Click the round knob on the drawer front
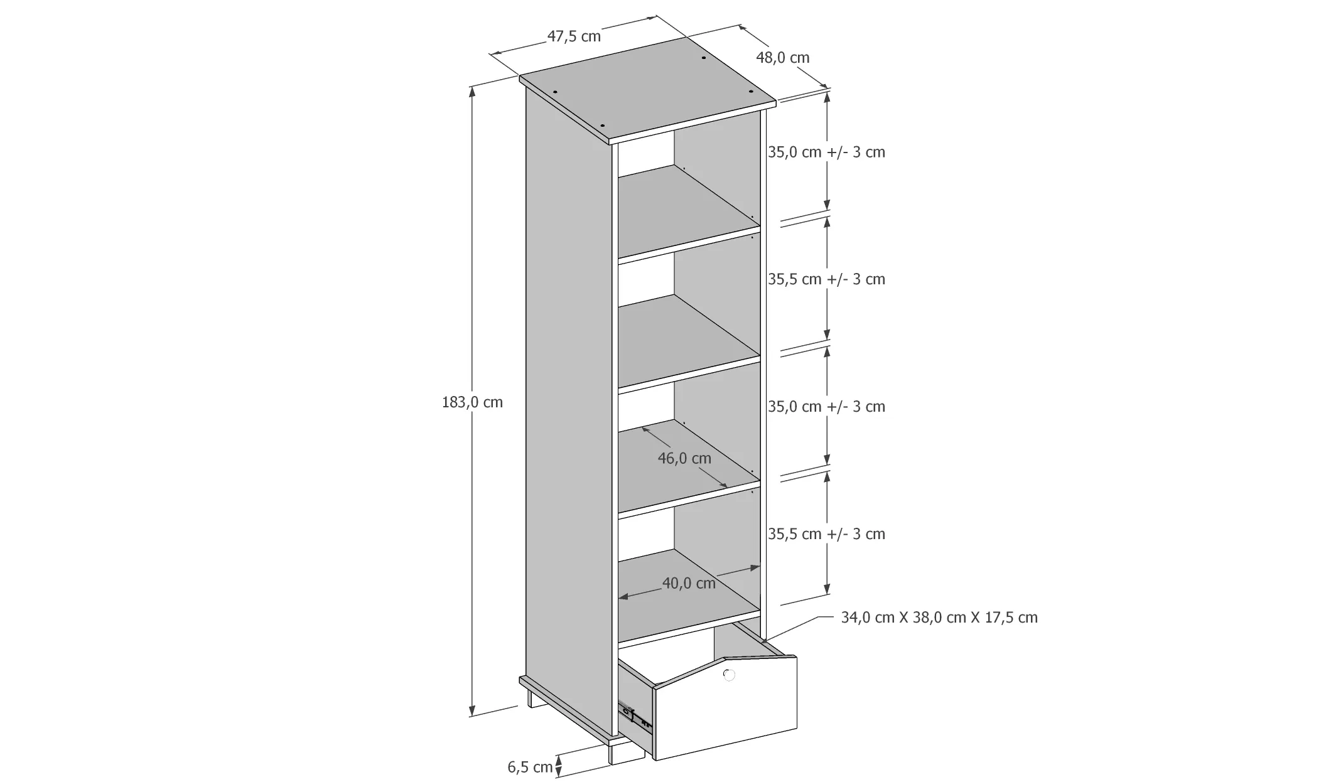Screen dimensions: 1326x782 (x=728, y=675)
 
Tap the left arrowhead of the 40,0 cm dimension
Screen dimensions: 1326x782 (x=621, y=596)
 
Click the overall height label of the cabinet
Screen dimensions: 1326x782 (x=472, y=402)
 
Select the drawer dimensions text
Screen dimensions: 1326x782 (x=939, y=618)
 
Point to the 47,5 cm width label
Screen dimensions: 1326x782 (x=574, y=36)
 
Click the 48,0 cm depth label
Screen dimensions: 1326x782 (x=782, y=58)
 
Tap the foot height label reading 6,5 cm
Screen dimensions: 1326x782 (x=530, y=767)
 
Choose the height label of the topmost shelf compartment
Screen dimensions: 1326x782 (x=826, y=152)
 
